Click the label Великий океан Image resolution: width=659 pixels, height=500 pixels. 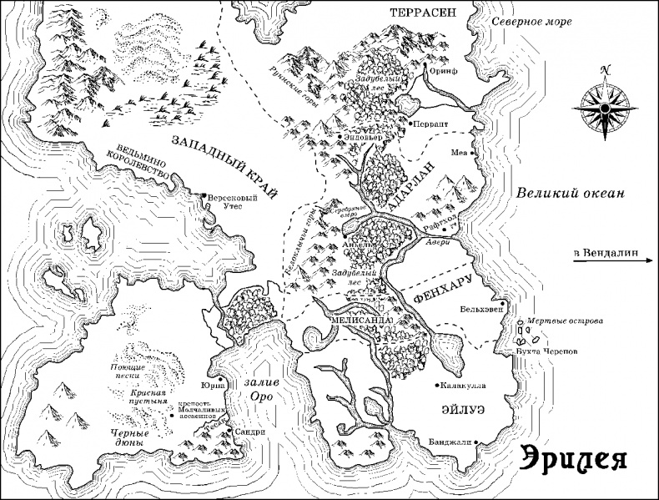point(569,193)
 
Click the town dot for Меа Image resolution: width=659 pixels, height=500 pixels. point(472,154)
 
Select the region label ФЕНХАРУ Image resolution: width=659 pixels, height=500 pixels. point(444,288)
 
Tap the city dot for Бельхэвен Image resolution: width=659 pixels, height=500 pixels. point(503,302)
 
